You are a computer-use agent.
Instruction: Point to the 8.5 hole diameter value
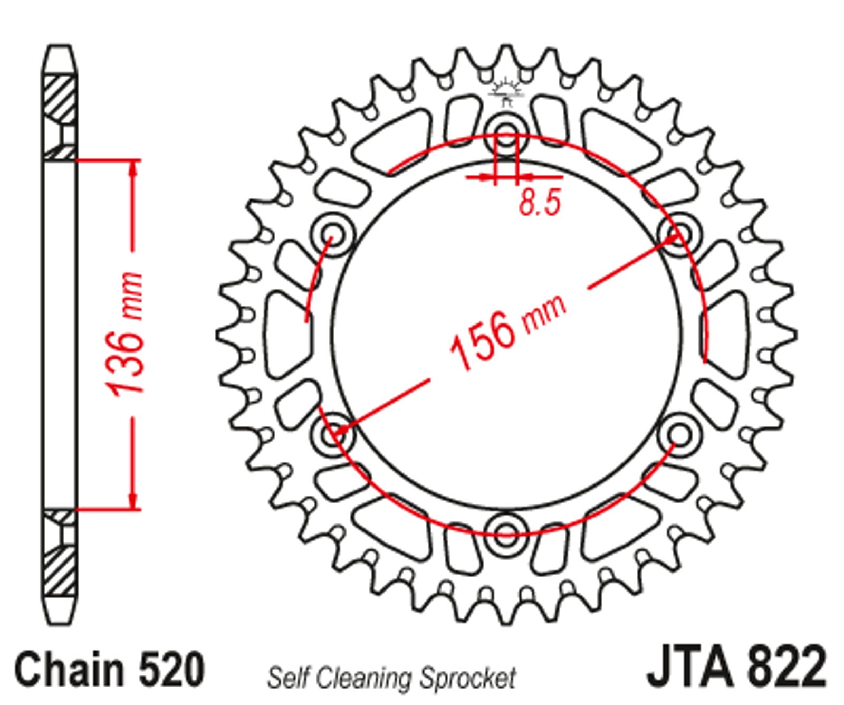point(539,202)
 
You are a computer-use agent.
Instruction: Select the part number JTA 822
point(736,668)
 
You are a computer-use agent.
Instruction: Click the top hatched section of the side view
point(59,118)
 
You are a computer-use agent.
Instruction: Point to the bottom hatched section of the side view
point(59,551)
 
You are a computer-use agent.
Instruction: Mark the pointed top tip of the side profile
point(59,46)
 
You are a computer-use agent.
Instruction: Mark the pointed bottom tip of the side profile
point(59,623)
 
